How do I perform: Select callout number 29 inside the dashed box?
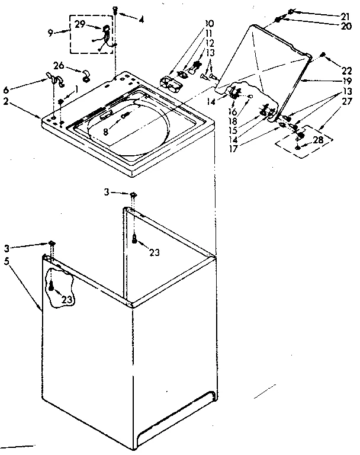pyautogui.click(x=80, y=23)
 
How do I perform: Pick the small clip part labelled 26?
pyautogui.click(x=86, y=74)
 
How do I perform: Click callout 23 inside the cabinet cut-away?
pyautogui.click(x=66, y=300)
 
